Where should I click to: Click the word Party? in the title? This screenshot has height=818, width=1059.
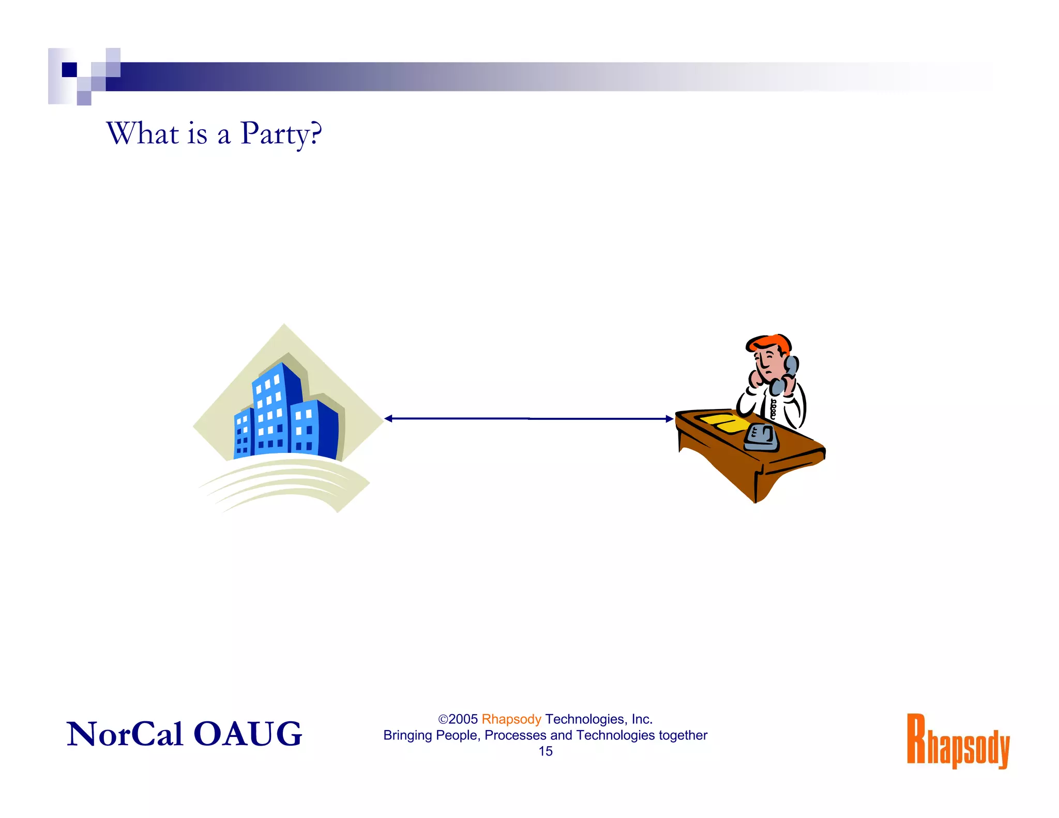tap(281, 134)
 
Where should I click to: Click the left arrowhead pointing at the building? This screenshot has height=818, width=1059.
tap(389, 418)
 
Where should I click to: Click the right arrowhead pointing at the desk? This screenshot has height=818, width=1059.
tap(669, 419)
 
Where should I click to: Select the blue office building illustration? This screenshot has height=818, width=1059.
tap(286, 414)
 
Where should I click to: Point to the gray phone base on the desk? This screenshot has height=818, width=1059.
tap(761, 438)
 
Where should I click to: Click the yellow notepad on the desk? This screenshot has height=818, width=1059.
tap(724, 422)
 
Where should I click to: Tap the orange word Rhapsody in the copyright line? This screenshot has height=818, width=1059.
tap(511, 719)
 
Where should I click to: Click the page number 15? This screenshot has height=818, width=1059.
tap(545, 751)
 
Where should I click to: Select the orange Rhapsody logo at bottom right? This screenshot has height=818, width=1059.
tap(958, 740)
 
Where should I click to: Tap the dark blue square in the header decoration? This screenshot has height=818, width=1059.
tap(69, 69)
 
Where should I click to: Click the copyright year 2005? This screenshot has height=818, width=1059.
tap(463, 719)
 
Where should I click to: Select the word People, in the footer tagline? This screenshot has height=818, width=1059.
tap(458, 735)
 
